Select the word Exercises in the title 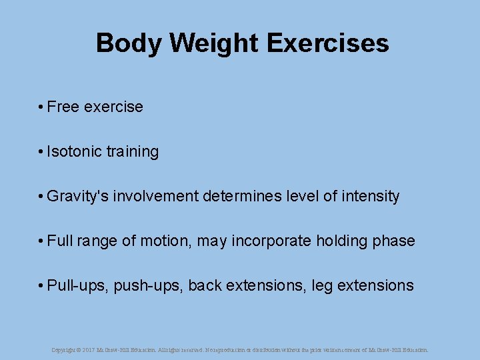click(328, 43)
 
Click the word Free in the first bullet click(63, 107)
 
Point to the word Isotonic click(75, 151)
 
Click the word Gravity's click(77, 196)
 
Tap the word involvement click(155, 196)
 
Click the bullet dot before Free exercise click(41, 107)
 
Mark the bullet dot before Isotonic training click(41, 152)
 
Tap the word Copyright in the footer click(64, 349)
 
